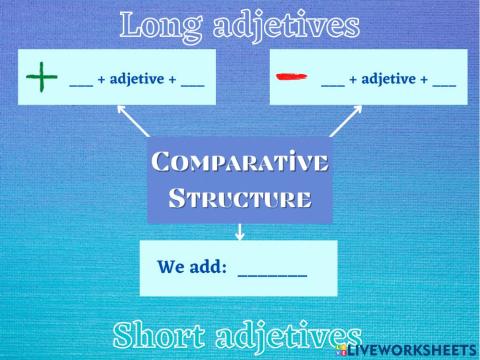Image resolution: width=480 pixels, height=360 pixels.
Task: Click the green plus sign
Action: pos(41,77)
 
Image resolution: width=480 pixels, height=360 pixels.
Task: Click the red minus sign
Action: pos(291,76)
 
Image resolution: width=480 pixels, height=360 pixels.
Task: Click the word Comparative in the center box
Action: pos(240,161)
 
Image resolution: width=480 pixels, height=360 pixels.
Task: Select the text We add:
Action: pos(193,267)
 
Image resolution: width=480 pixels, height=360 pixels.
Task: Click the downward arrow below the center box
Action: pos(240,232)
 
